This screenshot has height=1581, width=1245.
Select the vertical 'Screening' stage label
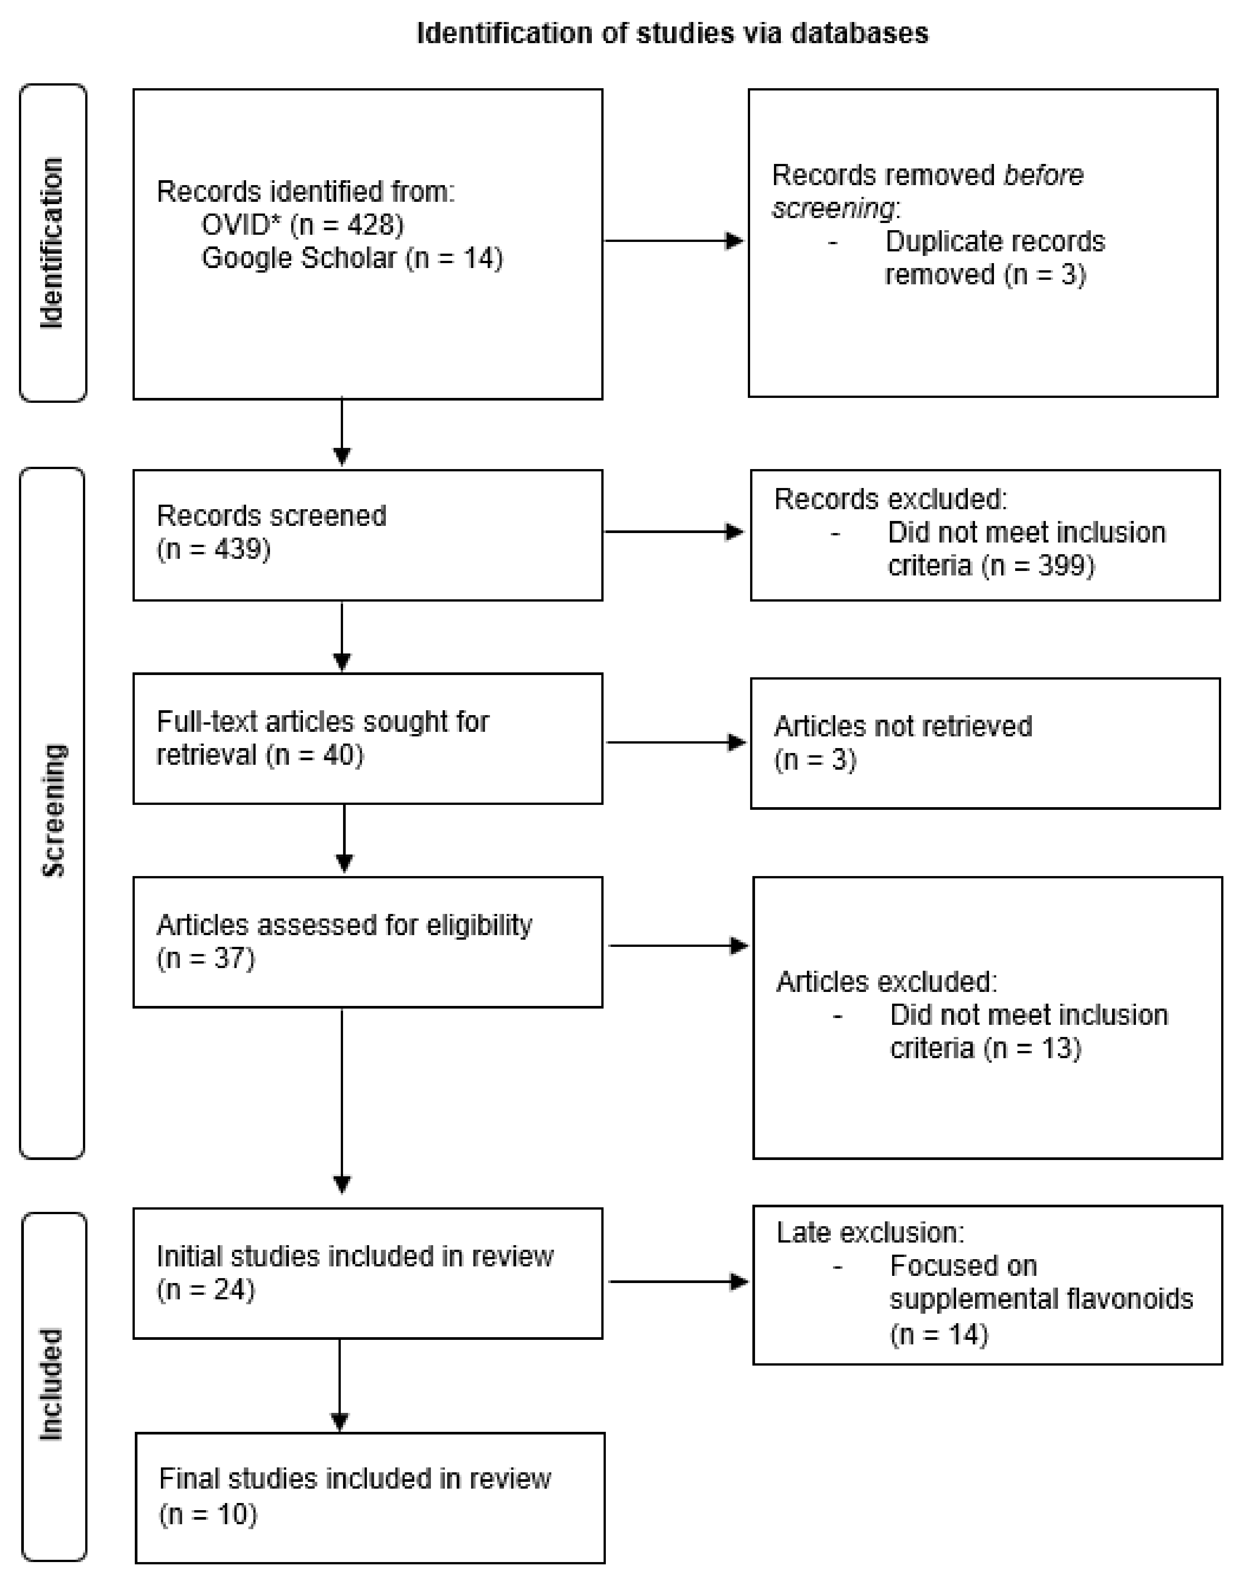pos(53,811)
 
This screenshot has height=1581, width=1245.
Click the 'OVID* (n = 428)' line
pos(303,225)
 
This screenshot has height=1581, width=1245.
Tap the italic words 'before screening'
pos(927,191)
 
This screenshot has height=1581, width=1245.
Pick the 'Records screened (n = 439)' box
pos(367,535)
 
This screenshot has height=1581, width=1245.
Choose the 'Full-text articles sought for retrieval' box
pos(367,738)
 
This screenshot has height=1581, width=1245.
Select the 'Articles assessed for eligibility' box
pos(367,942)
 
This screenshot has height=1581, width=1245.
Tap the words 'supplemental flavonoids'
pos(1041,1299)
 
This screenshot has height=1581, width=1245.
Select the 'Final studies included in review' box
pos(370,1497)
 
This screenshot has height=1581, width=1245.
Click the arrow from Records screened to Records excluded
pos(673,532)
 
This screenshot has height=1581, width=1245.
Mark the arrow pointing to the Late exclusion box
pos(677,1282)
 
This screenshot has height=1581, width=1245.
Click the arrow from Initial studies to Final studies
pos(340,1385)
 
